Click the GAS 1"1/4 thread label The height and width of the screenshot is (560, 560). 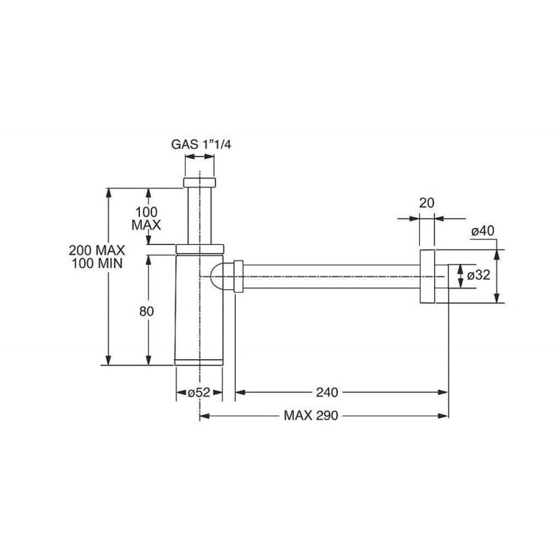pos(201,145)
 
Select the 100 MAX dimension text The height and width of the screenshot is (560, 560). pos(146,218)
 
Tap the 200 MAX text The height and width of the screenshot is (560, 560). pos(97,250)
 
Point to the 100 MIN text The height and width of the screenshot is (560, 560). pos(97,264)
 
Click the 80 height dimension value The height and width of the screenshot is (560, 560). pos(146,311)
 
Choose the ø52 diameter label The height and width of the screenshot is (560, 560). pos(199,393)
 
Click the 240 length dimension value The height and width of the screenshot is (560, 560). pos(327,393)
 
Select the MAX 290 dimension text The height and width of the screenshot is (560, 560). pos(311,415)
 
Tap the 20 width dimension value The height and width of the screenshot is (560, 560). pos(426,203)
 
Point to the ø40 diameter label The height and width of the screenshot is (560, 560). pos(483,231)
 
